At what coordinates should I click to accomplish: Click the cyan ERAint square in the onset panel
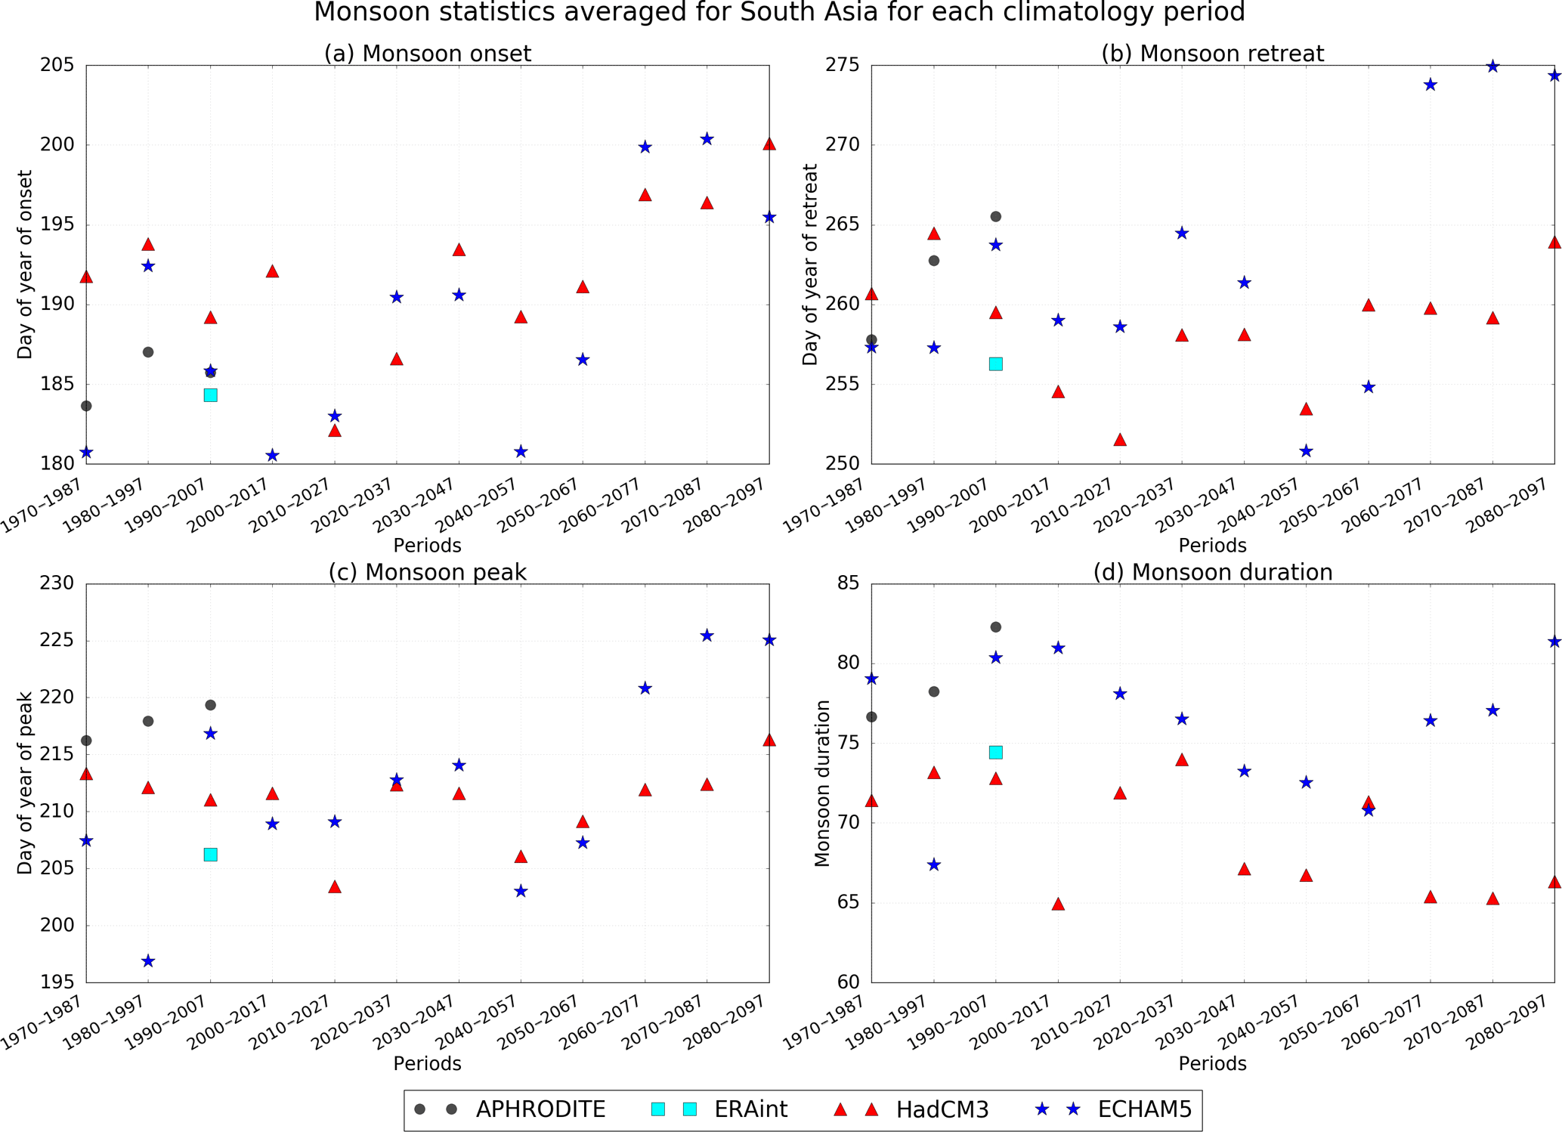pyautogui.click(x=211, y=395)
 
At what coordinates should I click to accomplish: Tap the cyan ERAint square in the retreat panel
pyautogui.click(x=996, y=364)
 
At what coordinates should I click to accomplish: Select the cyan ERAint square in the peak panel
pyautogui.click(x=211, y=855)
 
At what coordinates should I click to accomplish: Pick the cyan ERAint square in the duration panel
pyautogui.click(x=996, y=753)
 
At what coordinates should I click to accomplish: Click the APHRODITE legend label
pyautogui.click(x=540, y=1109)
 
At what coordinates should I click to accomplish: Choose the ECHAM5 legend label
pyautogui.click(x=1144, y=1109)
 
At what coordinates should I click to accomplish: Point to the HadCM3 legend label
pyautogui.click(x=942, y=1109)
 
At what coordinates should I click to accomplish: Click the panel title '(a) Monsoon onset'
pyautogui.click(x=428, y=54)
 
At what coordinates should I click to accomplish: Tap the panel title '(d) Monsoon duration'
pyautogui.click(x=1213, y=573)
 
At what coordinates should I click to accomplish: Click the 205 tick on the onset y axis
pyautogui.click(x=57, y=66)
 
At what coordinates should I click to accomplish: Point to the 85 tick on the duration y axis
pyautogui.click(x=849, y=583)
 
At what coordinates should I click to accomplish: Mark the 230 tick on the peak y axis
pyautogui.click(x=57, y=583)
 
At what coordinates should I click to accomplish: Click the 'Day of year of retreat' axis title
pyautogui.click(x=811, y=264)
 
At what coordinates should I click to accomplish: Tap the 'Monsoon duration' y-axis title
pyautogui.click(x=822, y=783)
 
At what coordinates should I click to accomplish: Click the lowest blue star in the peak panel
pyautogui.click(x=148, y=961)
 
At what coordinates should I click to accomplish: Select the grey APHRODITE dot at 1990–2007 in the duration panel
pyautogui.click(x=996, y=627)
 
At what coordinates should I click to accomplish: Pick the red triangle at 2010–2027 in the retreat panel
pyautogui.click(x=1120, y=440)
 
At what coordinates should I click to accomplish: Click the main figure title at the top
pyautogui.click(x=779, y=13)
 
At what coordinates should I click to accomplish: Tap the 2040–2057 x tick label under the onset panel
pyautogui.click(x=489, y=505)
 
